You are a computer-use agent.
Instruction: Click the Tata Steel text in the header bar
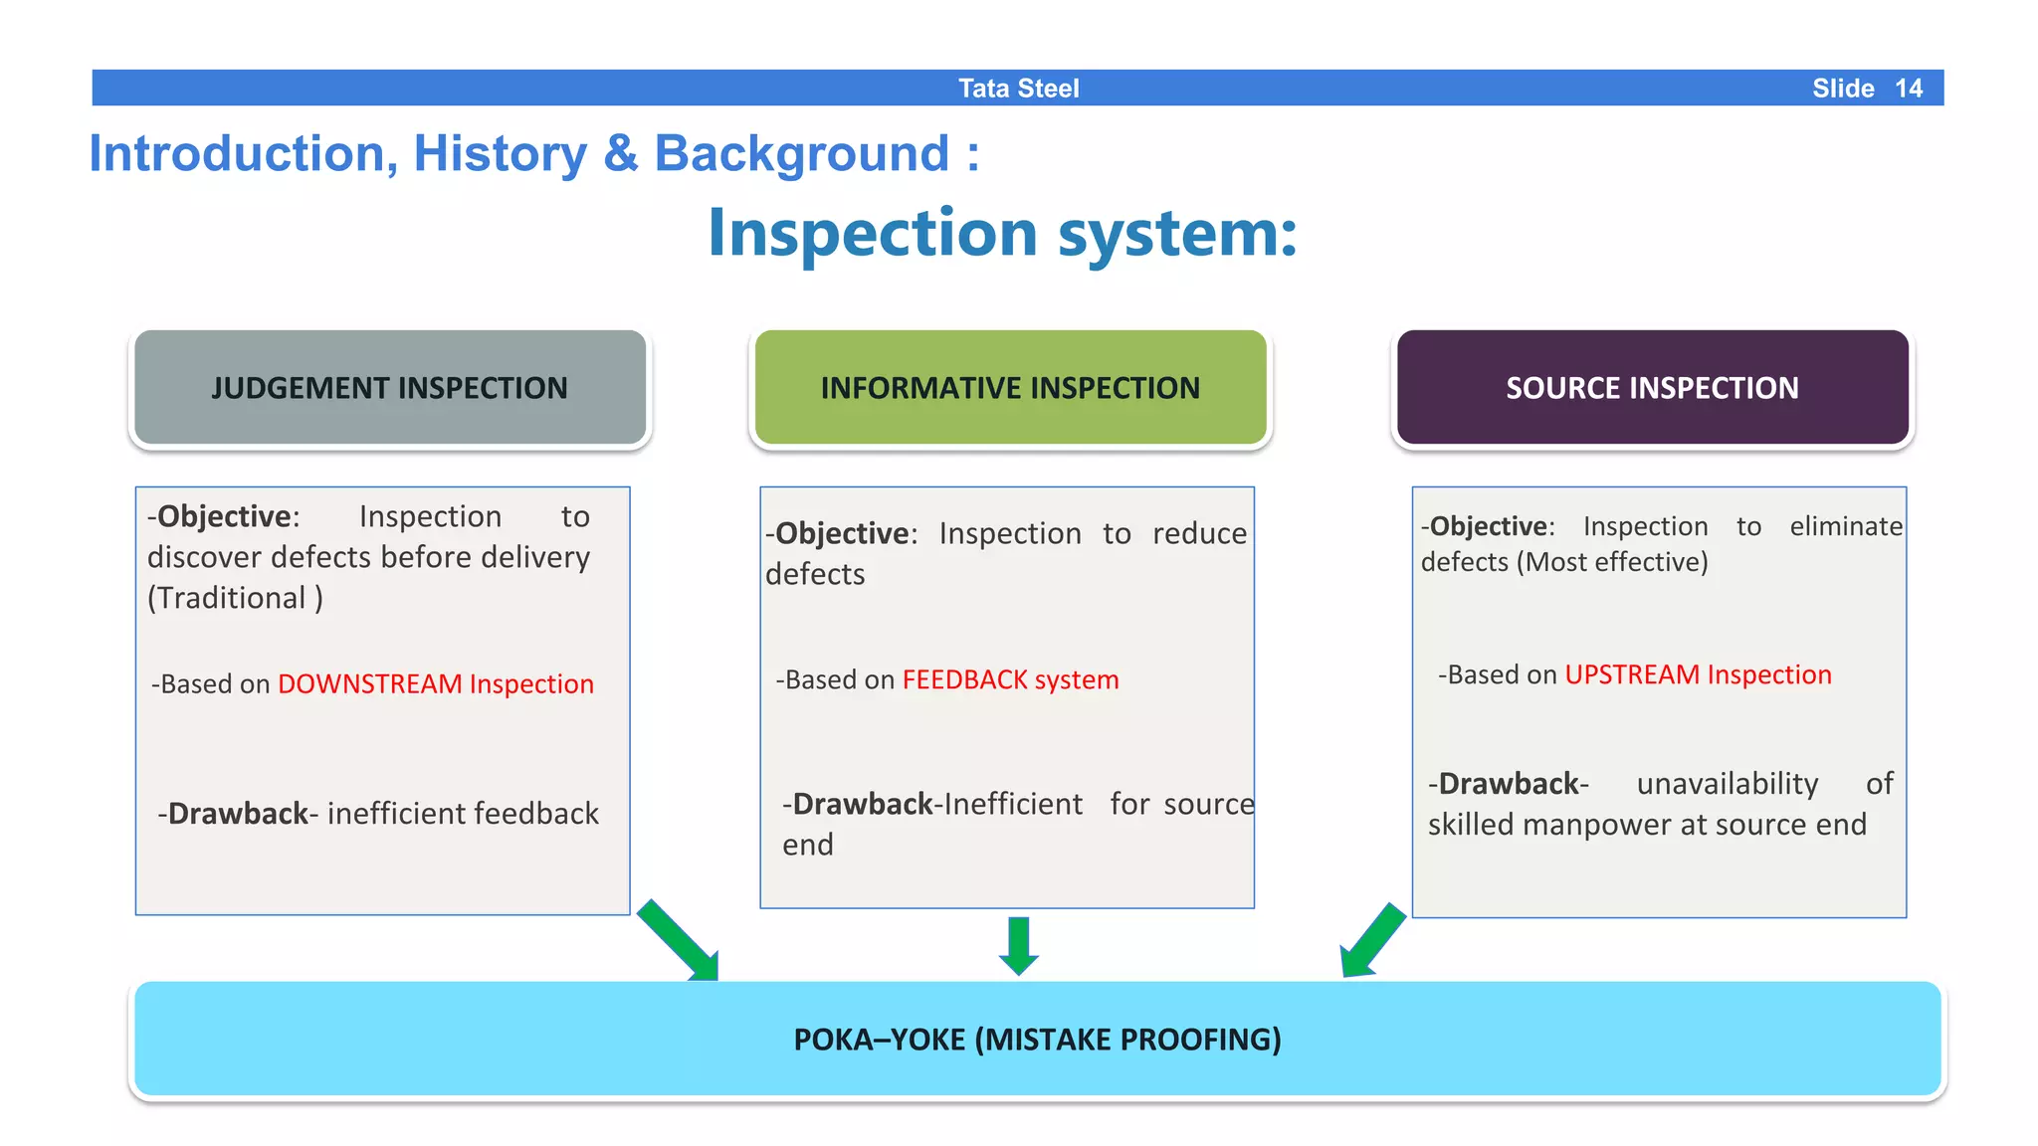point(1018,89)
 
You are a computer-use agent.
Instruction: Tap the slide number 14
point(1908,89)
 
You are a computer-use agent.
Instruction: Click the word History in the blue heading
point(500,154)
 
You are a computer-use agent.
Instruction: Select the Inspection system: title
point(1002,234)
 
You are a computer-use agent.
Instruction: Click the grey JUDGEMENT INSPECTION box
point(389,388)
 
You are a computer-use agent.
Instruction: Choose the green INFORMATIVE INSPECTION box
point(1010,388)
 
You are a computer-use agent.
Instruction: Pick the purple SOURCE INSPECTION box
point(1652,388)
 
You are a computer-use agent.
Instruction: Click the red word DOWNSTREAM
point(369,684)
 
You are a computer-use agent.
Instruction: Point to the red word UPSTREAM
point(1632,675)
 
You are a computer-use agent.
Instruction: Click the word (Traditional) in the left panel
point(235,599)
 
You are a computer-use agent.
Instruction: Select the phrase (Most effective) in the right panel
point(1612,563)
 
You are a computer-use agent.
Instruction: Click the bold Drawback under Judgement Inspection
point(238,814)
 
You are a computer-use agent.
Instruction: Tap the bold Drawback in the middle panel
point(862,804)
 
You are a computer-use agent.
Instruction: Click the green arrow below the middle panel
point(1018,945)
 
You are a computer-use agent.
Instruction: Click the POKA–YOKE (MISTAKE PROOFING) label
point(1037,1040)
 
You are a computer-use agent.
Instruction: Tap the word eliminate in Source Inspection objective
point(1846,526)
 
